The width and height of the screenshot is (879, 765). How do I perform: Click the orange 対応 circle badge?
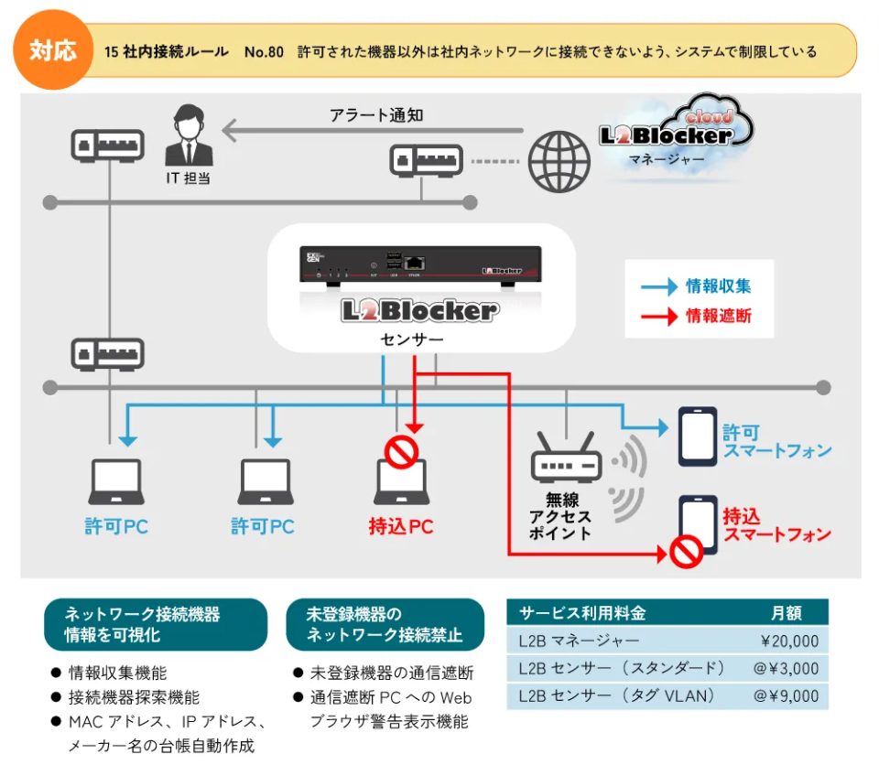(x=52, y=50)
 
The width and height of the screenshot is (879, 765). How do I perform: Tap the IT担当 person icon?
(x=189, y=136)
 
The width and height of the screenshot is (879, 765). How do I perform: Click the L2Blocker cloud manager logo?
(x=677, y=133)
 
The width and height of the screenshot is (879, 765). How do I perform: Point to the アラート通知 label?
(x=376, y=115)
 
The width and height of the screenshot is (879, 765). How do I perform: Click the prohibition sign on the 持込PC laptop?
(x=402, y=451)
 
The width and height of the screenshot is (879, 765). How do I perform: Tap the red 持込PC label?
(x=401, y=527)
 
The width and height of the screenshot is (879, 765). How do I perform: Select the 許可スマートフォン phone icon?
(x=697, y=436)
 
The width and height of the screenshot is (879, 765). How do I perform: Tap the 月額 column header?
(x=787, y=613)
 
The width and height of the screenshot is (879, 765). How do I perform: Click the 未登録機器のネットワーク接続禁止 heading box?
(x=385, y=624)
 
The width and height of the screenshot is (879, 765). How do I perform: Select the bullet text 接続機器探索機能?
(x=135, y=697)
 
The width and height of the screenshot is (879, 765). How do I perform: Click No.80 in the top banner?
(x=264, y=51)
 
